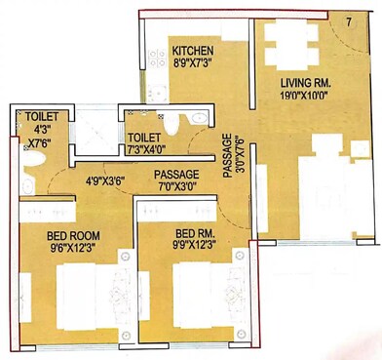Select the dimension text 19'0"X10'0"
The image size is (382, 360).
pos(306,98)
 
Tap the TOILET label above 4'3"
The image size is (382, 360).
pos(40,116)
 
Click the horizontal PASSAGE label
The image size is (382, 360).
pos(176,174)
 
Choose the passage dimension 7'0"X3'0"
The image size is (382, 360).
pos(177,186)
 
